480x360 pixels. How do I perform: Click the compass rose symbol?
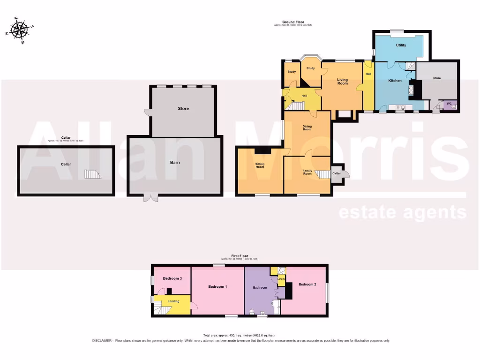click(19, 30)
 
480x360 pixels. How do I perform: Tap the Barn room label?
click(175, 163)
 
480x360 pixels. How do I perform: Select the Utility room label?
click(401, 45)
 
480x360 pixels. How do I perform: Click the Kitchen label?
click(395, 81)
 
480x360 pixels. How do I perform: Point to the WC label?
click(449, 103)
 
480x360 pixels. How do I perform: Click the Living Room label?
click(343, 81)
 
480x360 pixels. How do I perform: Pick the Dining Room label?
click(307, 127)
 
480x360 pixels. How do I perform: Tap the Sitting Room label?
click(260, 165)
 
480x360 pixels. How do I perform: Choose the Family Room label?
click(307, 172)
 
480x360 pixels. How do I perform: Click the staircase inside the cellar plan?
click(92, 174)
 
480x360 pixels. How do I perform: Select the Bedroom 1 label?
click(217, 286)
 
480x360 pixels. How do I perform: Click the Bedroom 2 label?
click(307, 285)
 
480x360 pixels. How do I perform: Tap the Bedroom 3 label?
click(172, 278)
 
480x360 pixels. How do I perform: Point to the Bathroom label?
click(260, 287)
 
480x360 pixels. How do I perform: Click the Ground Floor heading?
click(293, 22)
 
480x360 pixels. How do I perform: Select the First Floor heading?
click(240, 256)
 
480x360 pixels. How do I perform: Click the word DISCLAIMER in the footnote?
click(102, 341)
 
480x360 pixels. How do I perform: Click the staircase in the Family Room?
click(322, 174)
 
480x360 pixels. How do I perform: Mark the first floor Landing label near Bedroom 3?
click(173, 301)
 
